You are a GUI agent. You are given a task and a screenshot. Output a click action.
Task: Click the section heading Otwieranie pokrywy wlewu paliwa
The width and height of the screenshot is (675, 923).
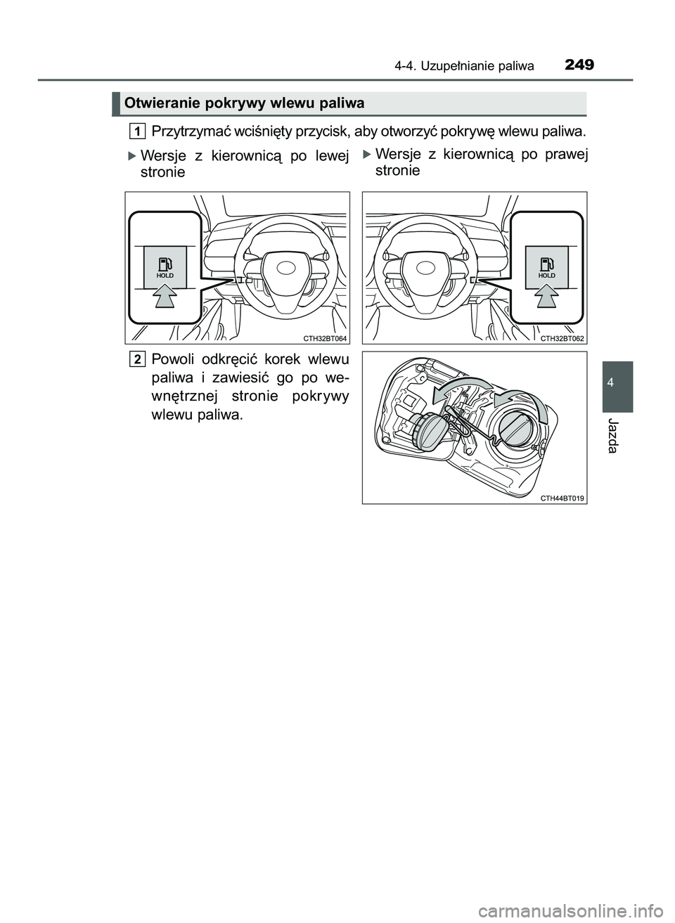[243, 103]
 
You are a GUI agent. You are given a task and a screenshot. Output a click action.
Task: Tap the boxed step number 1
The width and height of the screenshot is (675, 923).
[139, 131]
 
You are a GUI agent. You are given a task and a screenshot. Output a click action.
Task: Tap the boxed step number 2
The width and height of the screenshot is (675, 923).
[139, 360]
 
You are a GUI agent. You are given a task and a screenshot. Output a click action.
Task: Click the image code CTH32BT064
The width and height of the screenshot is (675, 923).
[326, 338]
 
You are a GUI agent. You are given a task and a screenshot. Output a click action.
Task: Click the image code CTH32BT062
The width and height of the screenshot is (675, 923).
[562, 338]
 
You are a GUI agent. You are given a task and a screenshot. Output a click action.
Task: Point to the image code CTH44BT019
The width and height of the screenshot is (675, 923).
[562, 498]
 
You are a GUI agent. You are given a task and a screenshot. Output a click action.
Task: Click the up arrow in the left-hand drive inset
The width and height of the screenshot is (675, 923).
[165, 299]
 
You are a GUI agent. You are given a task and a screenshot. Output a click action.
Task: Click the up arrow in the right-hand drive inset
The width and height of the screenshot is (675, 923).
[546, 299]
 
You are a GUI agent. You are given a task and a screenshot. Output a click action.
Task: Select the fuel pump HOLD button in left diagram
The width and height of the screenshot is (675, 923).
[165, 267]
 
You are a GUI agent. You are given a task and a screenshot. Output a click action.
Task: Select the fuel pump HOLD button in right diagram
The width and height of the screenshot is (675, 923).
[546, 267]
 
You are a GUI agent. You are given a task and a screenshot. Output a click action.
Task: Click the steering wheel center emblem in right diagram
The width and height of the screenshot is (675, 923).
[425, 268]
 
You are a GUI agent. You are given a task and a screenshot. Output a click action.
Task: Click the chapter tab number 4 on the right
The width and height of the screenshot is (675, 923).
[617, 384]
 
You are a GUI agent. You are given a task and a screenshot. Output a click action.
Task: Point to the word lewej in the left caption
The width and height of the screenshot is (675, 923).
[330, 156]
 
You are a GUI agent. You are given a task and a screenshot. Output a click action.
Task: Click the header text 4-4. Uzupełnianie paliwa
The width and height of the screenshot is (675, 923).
[463, 67]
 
